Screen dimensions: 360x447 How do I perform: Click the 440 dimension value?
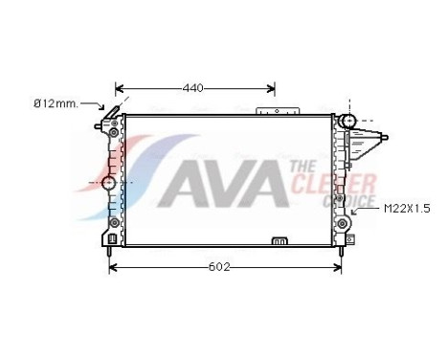[x=193, y=88]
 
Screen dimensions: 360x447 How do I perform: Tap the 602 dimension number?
[x=219, y=266]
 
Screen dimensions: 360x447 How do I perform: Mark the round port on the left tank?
[x=108, y=182]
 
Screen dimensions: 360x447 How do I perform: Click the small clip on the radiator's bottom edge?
[x=279, y=240]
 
